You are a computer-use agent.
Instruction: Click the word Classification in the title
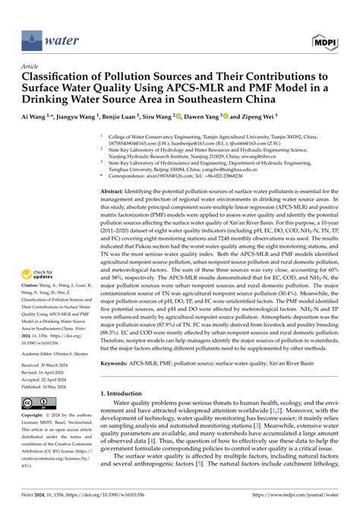coord(71,77)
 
